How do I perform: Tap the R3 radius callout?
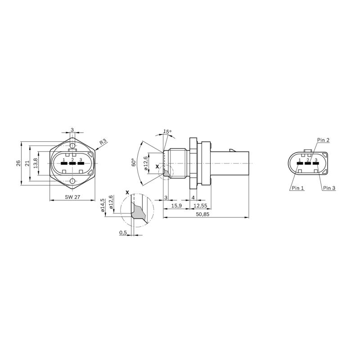pyautogui.click(x=103, y=142)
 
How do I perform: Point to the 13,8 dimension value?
pyautogui.click(x=36, y=163)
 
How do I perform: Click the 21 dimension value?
pyautogui.click(x=27, y=163)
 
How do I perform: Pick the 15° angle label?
pyautogui.click(x=167, y=132)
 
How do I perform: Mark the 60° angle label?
pyautogui.click(x=133, y=162)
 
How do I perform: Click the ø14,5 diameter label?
pyautogui.click(x=103, y=204)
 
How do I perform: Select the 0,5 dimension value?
pyautogui.click(x=123, y=233)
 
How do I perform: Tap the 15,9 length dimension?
pyautogui.click(x=177, y=206)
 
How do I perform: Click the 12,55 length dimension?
pyautogui.click(x=200, y=206)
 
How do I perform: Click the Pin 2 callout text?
pyautogui.click(x=323, y=140)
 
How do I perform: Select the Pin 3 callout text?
pyautogui.click(x=329, y=188)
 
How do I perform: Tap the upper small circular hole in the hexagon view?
pyautogui.click(x=72, y=145)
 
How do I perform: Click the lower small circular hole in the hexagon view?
pyautogui.click(x=72, y=181)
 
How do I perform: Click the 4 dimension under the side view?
pyautogui.click(x=193, y=198)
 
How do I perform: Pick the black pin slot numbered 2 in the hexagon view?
pyautogui.click(x=72, y=163)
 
